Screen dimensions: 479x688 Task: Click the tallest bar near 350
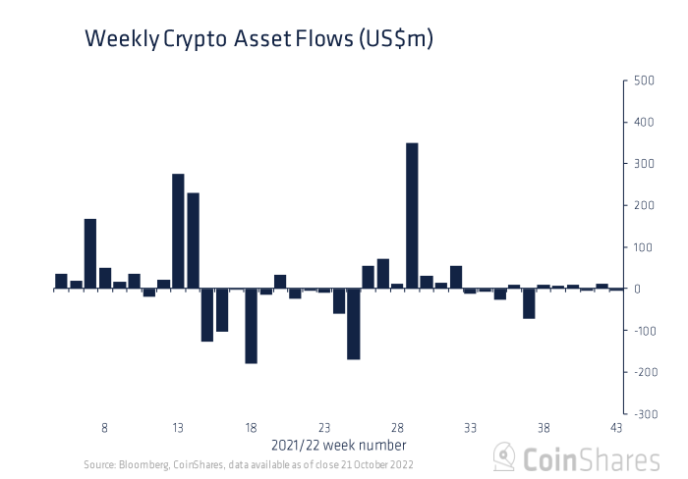tap(412, 216)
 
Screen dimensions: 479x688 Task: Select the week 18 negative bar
tap(251, 326)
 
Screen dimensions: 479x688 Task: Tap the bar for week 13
tap(178, 232)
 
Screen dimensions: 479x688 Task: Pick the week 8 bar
tap(104, 279)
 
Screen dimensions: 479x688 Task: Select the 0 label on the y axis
tap(639, 290)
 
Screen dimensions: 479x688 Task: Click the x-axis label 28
tap(397, 428)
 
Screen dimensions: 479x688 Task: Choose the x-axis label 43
tap(616, 428)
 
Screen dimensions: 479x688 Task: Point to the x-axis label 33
tap(470, 428)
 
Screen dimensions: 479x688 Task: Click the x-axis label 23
tap(324, 428)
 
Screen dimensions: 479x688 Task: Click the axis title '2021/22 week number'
tap(338, 445)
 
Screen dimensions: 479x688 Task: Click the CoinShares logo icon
tap(504, 457)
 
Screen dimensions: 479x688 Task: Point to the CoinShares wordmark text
tap(590, 458)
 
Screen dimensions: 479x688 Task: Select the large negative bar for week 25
tap(353, 324)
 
